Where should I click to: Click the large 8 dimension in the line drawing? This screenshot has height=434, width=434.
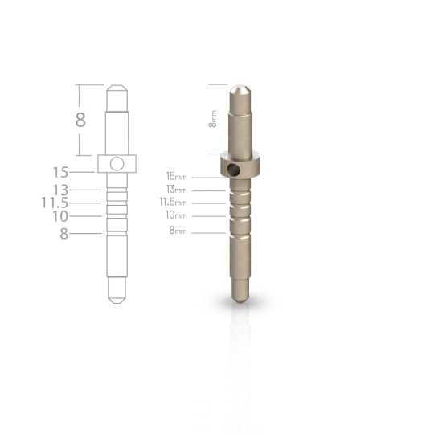click(x=80, y=121)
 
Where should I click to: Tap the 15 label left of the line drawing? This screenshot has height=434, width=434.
click(x=59, y=172)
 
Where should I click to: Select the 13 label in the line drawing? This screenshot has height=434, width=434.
click(x=59, y=190)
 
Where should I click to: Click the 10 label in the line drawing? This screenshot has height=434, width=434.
click(x=59, y=216)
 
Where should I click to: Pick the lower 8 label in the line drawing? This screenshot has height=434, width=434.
click(x=63, y=234)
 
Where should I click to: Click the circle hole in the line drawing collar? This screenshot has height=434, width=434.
click(x=117, y=164)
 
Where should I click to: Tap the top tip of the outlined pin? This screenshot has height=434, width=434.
click(x=117, y=86)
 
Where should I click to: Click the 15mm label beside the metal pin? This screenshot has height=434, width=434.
click(x=176, y=175)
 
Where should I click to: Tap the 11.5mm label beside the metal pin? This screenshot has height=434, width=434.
click(x=173, y=202)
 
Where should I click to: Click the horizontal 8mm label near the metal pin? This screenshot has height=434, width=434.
click(x=178, y=231)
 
